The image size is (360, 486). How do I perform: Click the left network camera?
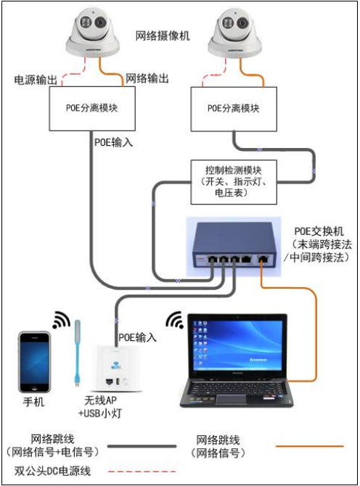(91, 32)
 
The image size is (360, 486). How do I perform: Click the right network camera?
(234, 33)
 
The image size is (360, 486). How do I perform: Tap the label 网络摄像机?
(163, 36)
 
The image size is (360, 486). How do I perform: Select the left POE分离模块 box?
(92, 109)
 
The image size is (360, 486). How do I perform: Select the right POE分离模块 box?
(234, 109)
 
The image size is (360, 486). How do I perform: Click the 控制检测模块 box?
(234, 182)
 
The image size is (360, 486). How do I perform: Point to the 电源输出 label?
(36, 80)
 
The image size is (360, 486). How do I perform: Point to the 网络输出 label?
(147, 78)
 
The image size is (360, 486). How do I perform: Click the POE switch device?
(234, 247)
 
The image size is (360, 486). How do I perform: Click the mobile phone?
(34, 362)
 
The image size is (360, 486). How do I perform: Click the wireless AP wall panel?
(118, 368)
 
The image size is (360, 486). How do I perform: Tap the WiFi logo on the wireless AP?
(115, 365)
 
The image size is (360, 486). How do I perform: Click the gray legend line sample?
(142, 446)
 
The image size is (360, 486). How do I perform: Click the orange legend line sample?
(310, 446)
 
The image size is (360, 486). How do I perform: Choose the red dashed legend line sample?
(142, 471)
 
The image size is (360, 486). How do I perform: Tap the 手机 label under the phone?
(33, 402)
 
